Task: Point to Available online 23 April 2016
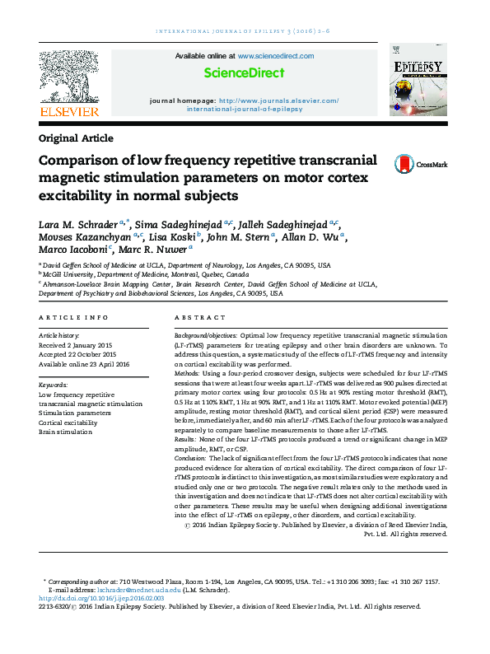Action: tap(84, 363)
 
